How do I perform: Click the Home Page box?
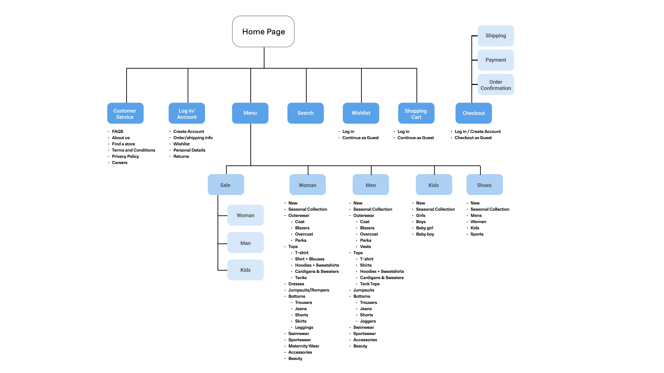click(263, 31)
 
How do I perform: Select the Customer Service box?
click(125, 113)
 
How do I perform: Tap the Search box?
click(305, 113)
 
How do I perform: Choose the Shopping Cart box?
click(416, 113)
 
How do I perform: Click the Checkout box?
click(473, 113)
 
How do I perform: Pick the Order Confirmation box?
click(496, 85)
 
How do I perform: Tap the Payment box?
click(496, 60)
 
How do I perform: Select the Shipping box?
click(496, 36)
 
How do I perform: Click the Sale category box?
click(226, 185)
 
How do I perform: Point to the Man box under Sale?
click(246, 243)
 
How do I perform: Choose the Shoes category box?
click(485, 185)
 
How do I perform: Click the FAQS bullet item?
click(118, 132)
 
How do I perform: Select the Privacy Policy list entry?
click(125, 156)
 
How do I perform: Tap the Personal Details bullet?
click(189, 150)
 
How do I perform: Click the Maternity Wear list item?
click(304, 346)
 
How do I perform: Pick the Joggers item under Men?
click(368, 321)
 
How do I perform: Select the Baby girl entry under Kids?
click(424, 228)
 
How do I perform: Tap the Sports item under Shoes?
click(477, 234)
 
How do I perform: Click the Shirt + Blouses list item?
click(310, 259)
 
